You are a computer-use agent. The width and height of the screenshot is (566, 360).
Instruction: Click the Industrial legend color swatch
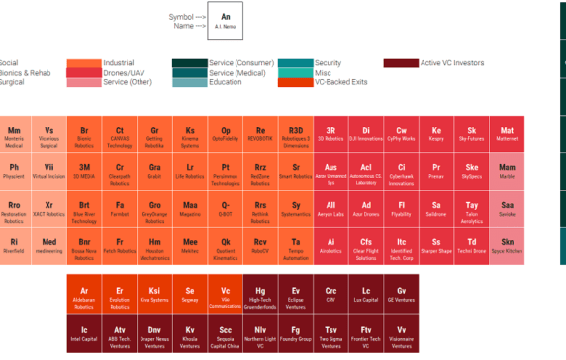[84, 63]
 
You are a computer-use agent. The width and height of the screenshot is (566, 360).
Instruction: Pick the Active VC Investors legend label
[453, 63]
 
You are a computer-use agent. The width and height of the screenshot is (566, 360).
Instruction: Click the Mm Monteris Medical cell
[14, 135]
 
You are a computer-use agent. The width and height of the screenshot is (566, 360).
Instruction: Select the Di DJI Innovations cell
[366, 135]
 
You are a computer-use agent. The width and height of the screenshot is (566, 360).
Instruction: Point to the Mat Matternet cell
[507, 135]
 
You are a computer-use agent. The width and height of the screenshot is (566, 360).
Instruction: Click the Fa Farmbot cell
[120, 210]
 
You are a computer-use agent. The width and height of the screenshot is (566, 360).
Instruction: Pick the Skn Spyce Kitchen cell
[507, 246]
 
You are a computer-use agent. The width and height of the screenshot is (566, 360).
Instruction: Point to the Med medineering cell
[49, 246]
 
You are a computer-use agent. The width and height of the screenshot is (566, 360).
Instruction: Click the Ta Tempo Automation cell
[296, 246]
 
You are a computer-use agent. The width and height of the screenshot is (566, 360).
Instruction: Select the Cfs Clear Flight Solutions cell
[366, 246]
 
